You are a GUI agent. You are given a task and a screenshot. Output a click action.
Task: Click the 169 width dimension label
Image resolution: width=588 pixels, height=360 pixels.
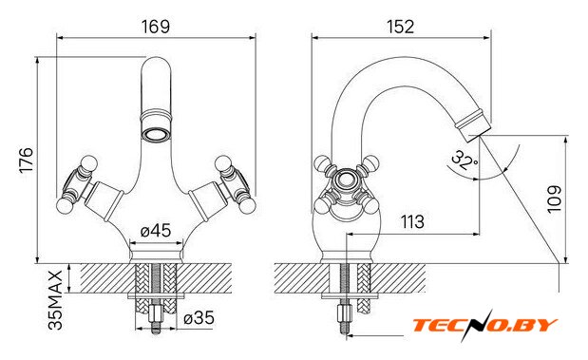coord(156,27)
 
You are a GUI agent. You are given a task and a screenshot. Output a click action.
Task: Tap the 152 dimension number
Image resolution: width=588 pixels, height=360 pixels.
coord(400,27)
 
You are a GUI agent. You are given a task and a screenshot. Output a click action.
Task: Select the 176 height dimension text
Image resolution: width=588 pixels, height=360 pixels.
coord(27,161)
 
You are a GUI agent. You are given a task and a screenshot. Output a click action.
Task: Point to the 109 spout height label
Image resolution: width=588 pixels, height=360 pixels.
coord(554,199)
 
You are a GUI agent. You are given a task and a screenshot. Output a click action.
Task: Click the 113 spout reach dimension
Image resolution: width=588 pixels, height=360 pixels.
coord(412,221)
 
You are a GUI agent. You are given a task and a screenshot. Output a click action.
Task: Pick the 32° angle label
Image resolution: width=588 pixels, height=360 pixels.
coord(465,160)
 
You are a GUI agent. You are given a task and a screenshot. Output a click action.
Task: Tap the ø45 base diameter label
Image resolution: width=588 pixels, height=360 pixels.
coord(156,231)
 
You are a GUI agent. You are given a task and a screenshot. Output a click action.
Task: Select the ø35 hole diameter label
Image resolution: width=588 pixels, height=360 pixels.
coord(199,318)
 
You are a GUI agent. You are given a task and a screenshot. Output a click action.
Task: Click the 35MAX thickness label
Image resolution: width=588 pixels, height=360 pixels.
coord(55,300)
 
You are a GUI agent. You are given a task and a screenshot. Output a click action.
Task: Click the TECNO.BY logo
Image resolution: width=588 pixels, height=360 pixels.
coord(484,325)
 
